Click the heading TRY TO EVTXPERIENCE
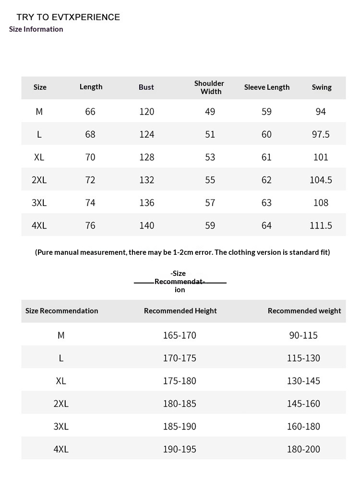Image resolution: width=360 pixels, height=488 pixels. (68, 17)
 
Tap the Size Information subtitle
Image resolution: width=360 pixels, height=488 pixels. (36, 29)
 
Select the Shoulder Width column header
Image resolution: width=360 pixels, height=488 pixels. (209, 87)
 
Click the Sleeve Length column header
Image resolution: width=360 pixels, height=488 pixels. (267, 87)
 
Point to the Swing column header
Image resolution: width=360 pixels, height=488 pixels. (322, 87)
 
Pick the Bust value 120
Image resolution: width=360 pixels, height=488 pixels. (147, 112)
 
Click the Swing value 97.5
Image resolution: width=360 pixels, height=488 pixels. (321, 134)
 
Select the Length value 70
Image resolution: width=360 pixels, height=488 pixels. (90, 157)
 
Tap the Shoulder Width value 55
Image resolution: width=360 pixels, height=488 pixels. (210, 180)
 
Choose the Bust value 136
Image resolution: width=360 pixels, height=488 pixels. (147, 203)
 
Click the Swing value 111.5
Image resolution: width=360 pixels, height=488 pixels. (321, 226)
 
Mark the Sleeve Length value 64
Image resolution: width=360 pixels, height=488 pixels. (266, 226)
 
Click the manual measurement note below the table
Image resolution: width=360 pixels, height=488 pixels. (182, 252)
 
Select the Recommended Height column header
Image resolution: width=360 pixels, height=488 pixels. (180, 311)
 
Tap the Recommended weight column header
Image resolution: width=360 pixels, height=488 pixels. (304, 311)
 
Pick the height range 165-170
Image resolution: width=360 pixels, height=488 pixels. (180, 335)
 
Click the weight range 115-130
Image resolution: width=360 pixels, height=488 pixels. (303, 358)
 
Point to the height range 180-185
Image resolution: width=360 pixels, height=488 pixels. (180, 404)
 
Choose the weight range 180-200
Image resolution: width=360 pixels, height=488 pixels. (303, 450)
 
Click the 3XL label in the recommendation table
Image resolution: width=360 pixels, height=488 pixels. (61, 427)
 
